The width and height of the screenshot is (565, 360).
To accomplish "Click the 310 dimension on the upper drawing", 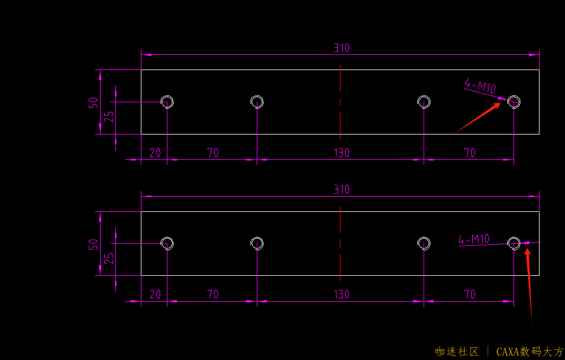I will pos(341,48).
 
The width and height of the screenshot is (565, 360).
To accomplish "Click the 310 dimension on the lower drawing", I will pos(341,189).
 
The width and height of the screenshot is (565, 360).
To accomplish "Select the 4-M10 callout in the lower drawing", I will pos(474,240).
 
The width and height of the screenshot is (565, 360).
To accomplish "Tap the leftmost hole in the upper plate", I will pos(167,102).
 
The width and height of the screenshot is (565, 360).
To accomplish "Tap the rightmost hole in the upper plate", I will pos(514,102).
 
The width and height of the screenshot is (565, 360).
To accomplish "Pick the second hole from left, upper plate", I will pos(257,102).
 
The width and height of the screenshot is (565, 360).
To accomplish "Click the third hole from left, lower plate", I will pos(424,243).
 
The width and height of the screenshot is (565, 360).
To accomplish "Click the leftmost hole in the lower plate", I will pos(167,243).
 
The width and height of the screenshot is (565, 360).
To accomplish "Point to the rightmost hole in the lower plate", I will pos(514,243).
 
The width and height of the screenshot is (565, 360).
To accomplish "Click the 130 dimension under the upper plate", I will pos(341,153).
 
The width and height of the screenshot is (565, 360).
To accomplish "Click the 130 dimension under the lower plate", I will pos(341,294).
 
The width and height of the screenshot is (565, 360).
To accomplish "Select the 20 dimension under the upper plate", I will pos(154,153).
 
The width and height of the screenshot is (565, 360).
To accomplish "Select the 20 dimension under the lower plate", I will pos(154,294).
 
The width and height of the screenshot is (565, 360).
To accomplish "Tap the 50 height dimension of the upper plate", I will pos(93,102).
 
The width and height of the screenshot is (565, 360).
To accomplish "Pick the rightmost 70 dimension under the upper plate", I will pos(469,153).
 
